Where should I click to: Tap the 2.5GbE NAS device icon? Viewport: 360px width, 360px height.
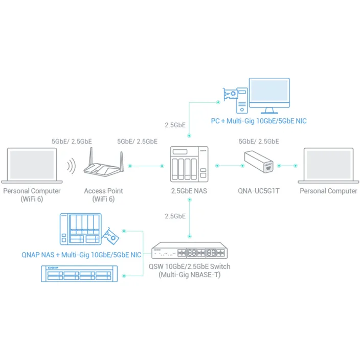click(x=189, y=164)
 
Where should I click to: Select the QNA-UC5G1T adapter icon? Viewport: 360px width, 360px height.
click(x=259, y=162)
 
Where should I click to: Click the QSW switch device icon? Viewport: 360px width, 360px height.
click(x=189, y=251)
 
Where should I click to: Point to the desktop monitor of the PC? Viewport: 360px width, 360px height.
click(x=269, y=96)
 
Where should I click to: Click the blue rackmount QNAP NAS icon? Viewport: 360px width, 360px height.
click(x=79, y=274)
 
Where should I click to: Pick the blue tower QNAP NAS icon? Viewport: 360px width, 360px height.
click(x=81, y=229)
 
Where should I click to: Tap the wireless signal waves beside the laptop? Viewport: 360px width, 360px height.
click(x=72, y=166)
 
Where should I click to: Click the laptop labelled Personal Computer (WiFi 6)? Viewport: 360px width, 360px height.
click(x=32, y=166)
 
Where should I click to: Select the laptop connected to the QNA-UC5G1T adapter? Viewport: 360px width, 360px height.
click(x=328, y=166)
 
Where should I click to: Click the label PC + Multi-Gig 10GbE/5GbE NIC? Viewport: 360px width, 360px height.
click(x=259, y=121)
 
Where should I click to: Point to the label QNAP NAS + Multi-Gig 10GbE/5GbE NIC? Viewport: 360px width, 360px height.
click(x=81, y=255)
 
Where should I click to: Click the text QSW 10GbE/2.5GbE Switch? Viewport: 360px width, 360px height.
click(x=189, y=266)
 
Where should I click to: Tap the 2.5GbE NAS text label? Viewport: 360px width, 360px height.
click(x=189, y=191)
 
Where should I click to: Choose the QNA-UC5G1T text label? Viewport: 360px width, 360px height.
click(x=259, y=191)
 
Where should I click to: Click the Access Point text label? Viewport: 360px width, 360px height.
click(x=103, y=191)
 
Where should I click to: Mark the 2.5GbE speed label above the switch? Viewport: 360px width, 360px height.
click(x=175, y=216)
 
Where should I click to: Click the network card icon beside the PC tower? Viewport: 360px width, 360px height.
click(x=230, y=94)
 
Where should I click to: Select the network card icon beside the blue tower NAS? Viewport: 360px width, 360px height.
click(x=110, y=236)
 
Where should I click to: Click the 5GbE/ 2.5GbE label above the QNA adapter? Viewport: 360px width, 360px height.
click(x=259, y=142)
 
